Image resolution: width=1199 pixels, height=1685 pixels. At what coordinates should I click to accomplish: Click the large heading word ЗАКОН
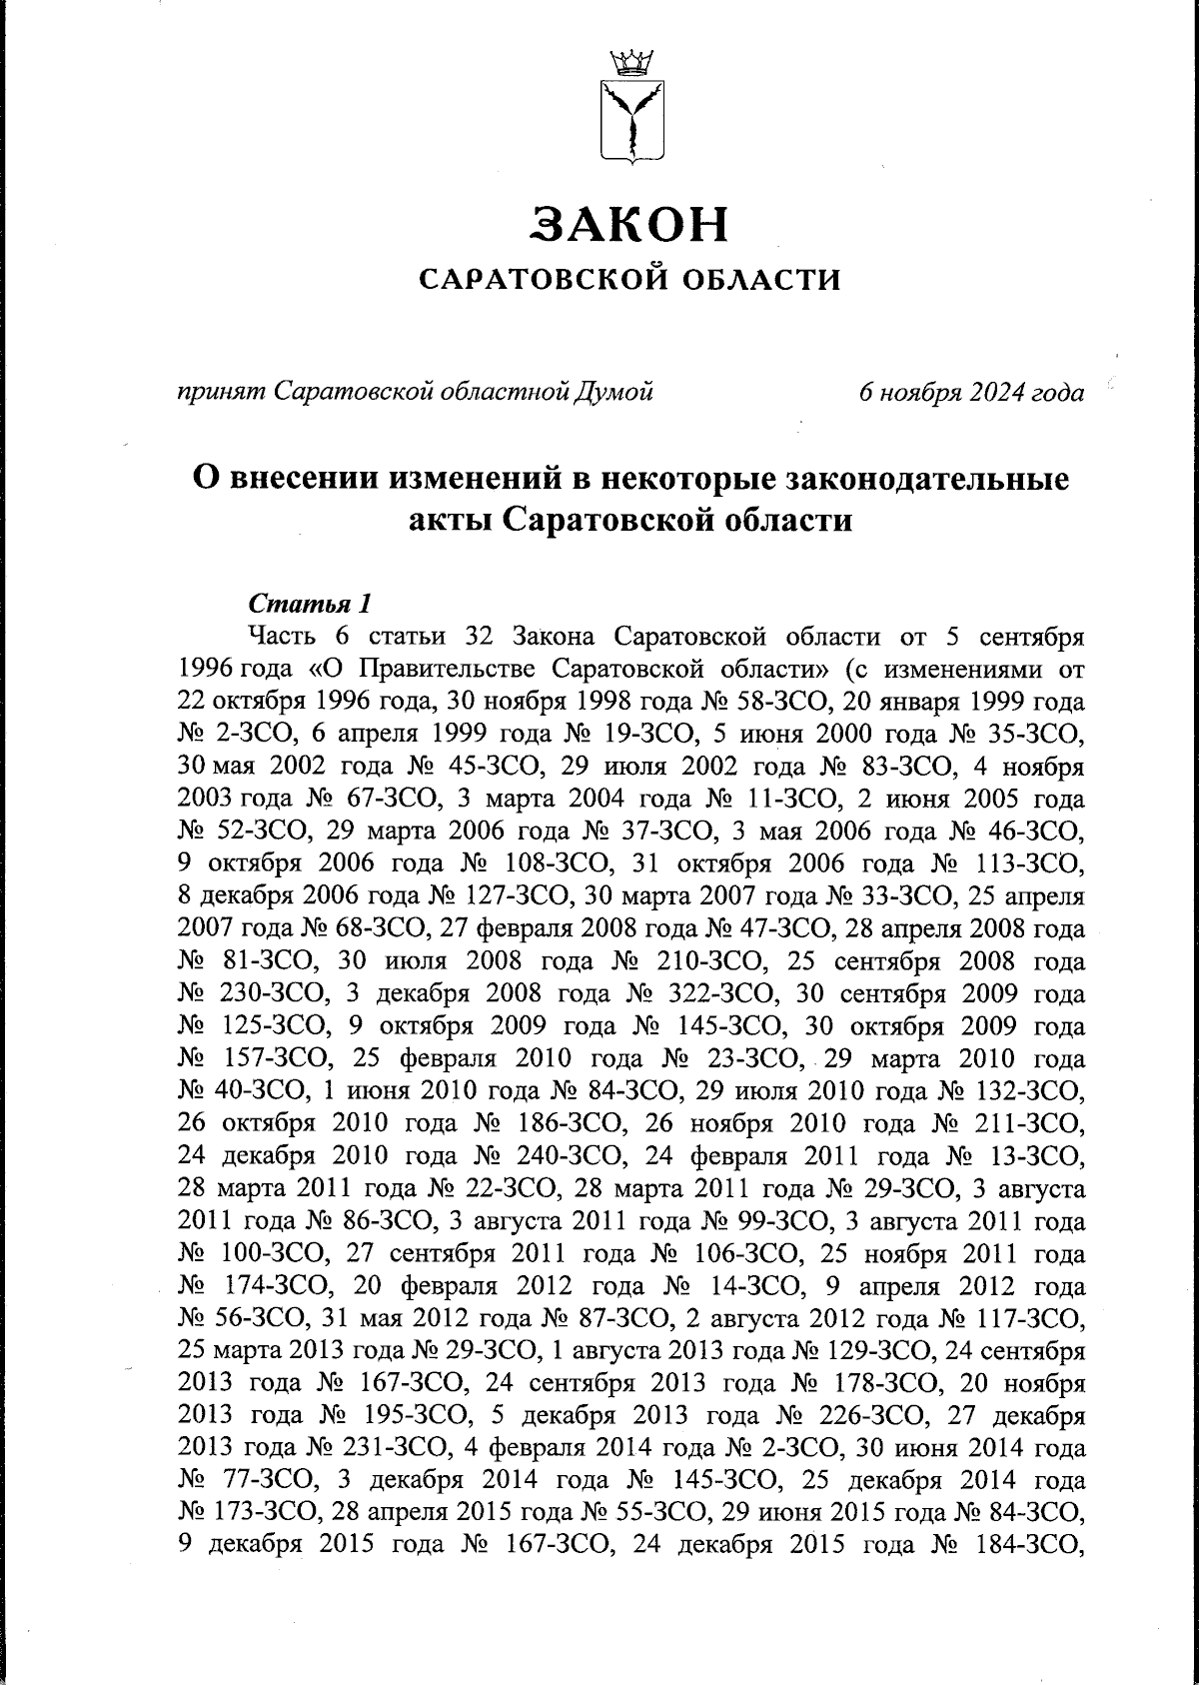click(x=629, y=224)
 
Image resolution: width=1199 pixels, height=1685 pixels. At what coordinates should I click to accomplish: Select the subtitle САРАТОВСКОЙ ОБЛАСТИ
click(x=629, y=279)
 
